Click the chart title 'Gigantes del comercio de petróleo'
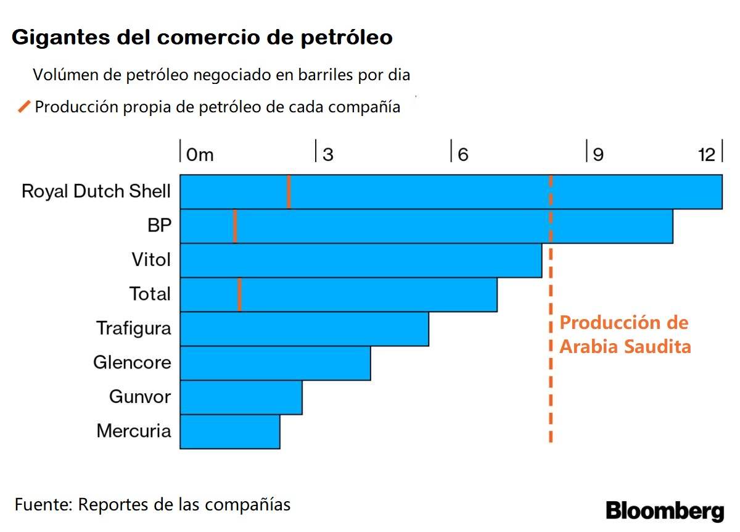202,37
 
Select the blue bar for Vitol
361,260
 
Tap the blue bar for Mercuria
229,431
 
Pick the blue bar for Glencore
275,363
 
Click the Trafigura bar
304,329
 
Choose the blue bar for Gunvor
240,397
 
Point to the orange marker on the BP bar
235,227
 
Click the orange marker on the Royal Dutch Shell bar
289,192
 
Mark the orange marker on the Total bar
239,294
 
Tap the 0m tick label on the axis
199,154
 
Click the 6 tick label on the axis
462,154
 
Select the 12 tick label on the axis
706,154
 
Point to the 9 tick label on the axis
598,154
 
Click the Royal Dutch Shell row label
96,191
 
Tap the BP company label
158,226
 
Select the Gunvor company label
139,396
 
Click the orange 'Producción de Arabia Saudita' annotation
625,335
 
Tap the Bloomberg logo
664,511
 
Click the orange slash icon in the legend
24,107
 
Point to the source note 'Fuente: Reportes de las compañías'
152,504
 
